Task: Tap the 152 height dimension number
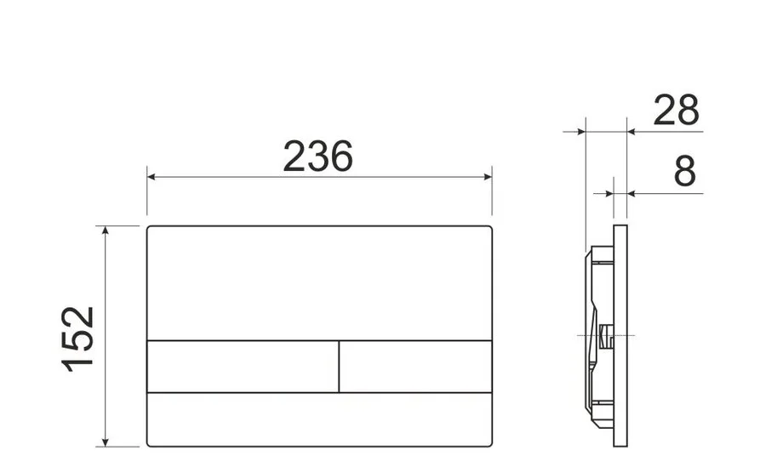point(78,337)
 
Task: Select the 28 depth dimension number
point(676,111)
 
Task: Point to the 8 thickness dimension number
point(684,172)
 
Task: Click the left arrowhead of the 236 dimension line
point(152,177)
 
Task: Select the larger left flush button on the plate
point(243,366)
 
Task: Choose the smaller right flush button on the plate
point(415,366)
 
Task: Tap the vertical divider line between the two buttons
point(339,366)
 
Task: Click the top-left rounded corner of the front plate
point(150,229)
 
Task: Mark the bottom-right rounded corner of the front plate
point(489,443)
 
